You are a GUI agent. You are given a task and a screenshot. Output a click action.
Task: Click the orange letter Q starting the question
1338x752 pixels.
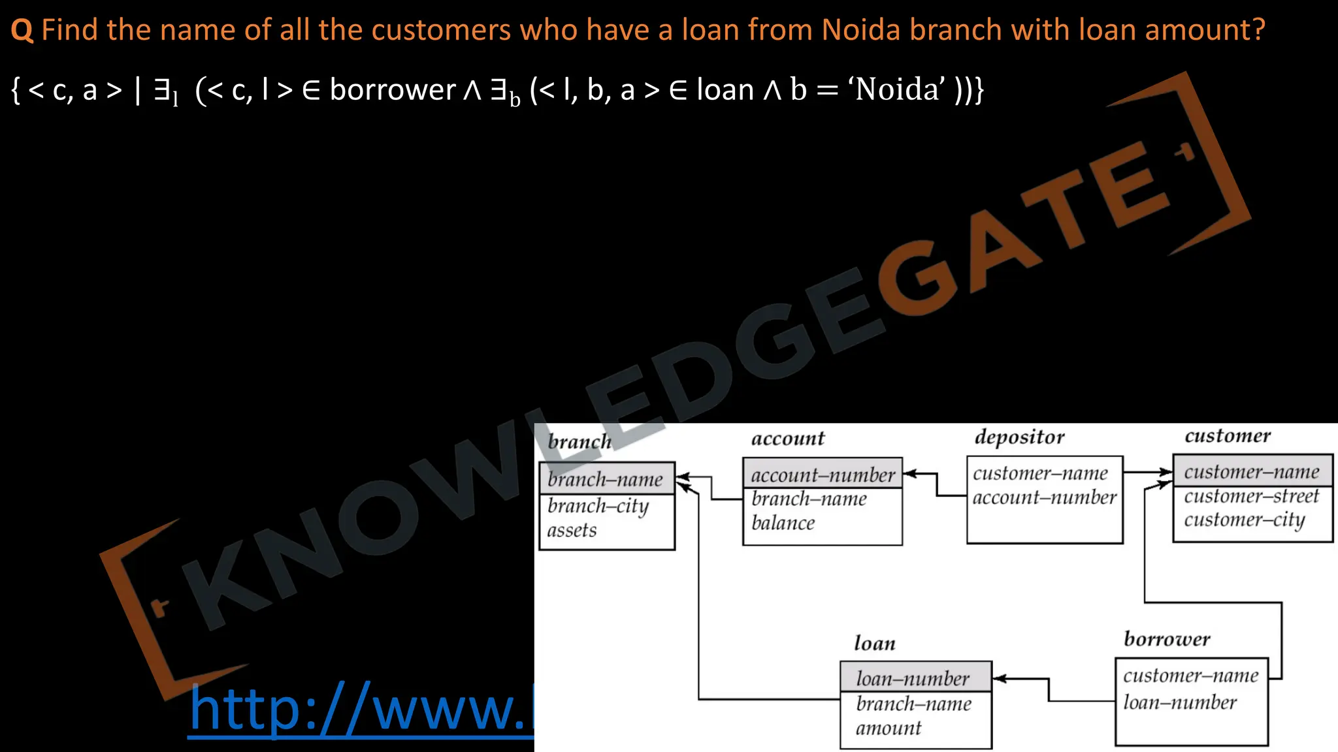[22, 31]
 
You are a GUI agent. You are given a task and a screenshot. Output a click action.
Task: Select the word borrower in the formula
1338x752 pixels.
[392, 89]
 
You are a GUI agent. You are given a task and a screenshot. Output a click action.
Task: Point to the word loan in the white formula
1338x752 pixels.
[725, 89]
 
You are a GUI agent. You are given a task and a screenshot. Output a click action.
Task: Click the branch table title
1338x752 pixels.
[579, 442]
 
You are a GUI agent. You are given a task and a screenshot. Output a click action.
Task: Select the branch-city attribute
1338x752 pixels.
[598, 507]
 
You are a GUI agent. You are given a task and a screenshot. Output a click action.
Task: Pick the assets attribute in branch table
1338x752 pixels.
[572, 530]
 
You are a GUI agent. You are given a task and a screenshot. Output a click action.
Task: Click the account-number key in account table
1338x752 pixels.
[823, 475]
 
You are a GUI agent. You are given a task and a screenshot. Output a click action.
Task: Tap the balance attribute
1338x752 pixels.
[783, 523]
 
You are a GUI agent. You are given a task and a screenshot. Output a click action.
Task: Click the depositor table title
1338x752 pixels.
[1019, 437]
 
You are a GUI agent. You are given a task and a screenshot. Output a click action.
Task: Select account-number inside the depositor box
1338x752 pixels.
[1044, 497]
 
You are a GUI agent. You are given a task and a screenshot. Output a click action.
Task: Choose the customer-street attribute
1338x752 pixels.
[1251, 496]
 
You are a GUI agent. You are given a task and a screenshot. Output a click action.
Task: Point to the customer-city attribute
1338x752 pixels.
[1244, 520]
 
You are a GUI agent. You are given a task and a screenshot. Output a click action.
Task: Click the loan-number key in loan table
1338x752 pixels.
[913, 679]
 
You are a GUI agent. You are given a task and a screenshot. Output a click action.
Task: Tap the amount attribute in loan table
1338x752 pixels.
[888, 728]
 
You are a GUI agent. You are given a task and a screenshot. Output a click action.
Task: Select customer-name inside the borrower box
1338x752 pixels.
[1190, 676]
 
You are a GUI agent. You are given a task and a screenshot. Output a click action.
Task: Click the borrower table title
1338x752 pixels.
[1167, 638]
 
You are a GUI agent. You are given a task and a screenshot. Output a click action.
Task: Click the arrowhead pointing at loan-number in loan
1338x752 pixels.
[999, 679]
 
